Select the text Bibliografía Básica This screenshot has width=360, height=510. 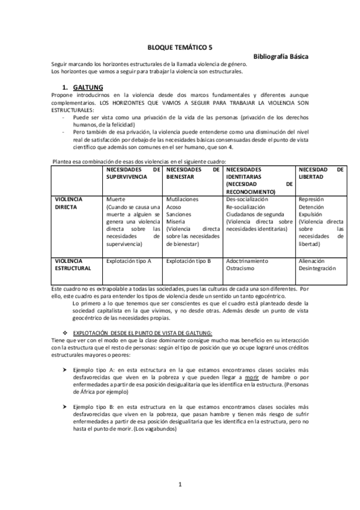(x=281, y=56)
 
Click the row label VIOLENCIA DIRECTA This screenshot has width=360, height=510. (x=69, y=203)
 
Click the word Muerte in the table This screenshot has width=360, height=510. (x=117, y=199)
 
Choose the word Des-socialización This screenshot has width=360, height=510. (x=247, y=199)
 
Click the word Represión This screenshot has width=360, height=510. (x=311, y=199)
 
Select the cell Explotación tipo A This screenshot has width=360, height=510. (x=128, y=262)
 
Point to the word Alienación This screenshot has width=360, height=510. (x=311, y=262)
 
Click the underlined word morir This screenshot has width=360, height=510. (x=236, y=377)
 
